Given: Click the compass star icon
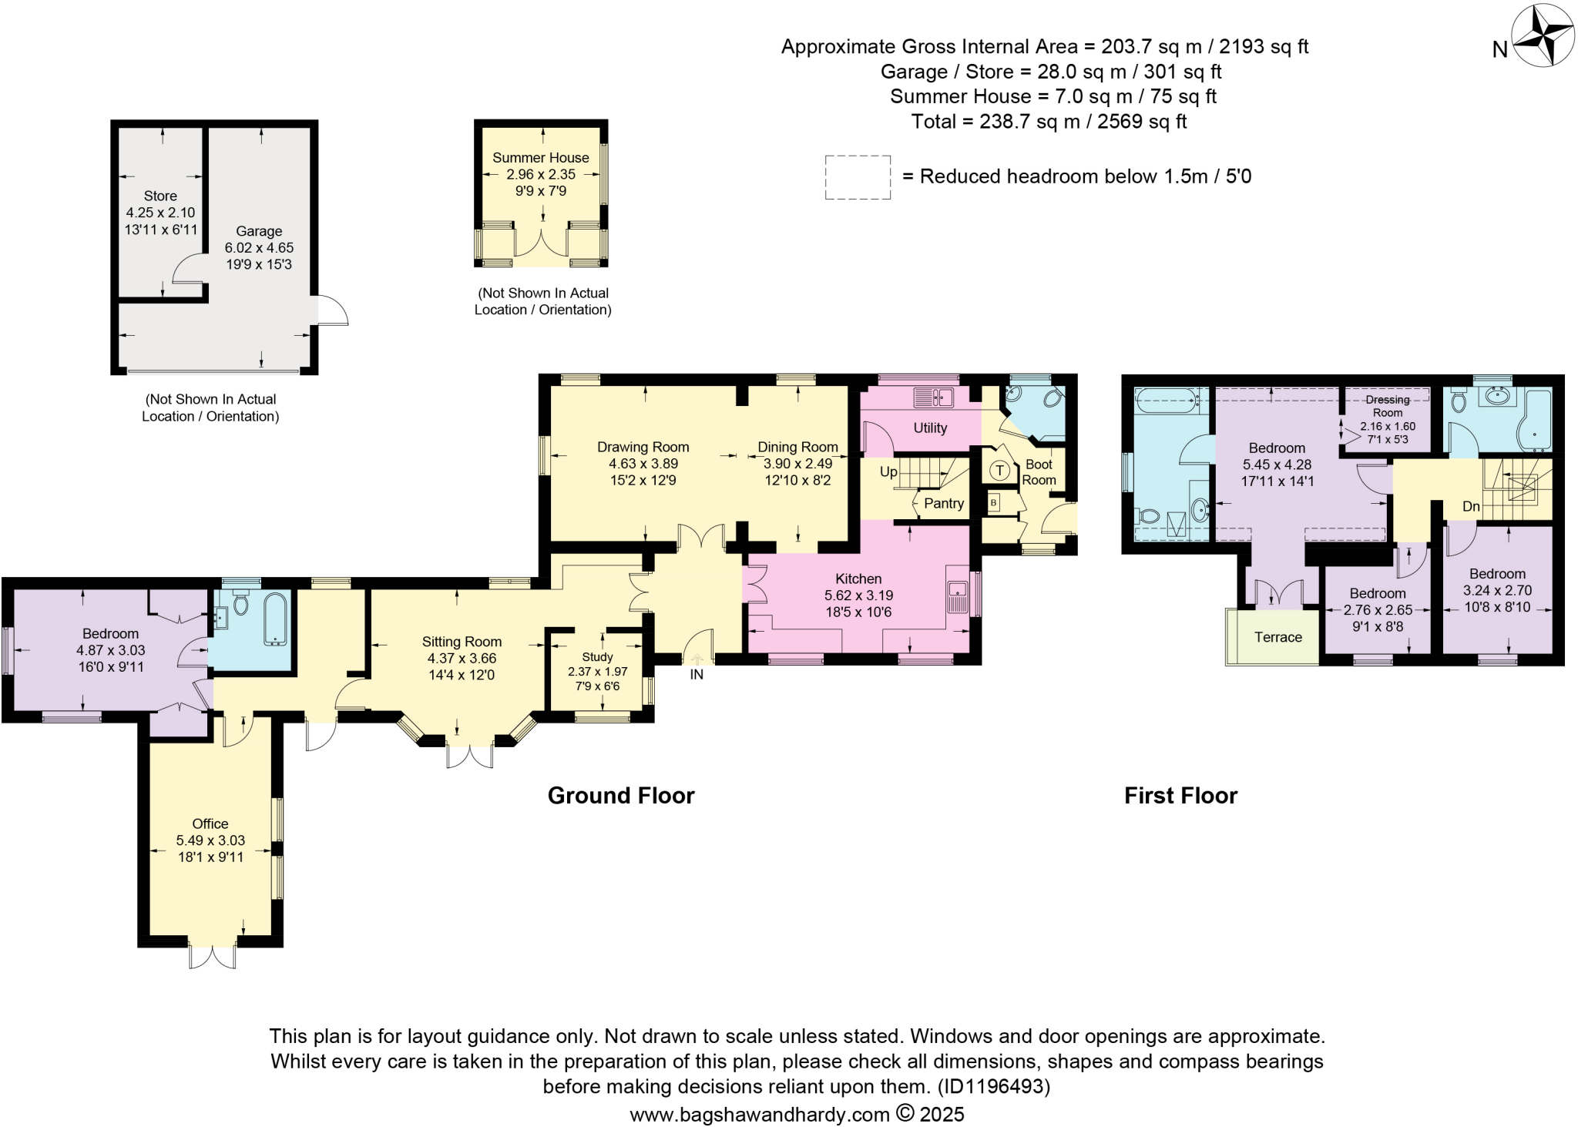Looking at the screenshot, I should (x=1543, y=35).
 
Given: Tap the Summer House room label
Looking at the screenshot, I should (x=540, y=158).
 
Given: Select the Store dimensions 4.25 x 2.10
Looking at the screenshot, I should (x=160, y=213).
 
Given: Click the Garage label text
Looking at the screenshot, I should (x=259, y=231).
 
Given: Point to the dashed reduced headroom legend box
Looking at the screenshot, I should (x=858, y=177).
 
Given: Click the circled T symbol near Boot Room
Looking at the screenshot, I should (x=999, y=470).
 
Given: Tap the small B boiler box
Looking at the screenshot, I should (x=994, y=503).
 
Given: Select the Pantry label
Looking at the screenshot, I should (x=943, y=503).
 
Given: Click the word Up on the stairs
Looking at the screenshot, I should (x=888, y=471).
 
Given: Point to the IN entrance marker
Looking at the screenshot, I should (x=697, y=674).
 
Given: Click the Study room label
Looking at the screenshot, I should (x=597, y=656).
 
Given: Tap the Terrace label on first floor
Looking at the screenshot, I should (x=1278, y=637).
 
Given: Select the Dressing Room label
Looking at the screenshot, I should (x=1387, y=406).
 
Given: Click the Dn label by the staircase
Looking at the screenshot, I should (x=1471, y=507).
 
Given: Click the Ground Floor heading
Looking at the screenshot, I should (x=621, y=795).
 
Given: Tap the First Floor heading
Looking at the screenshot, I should (x=1180, y=795).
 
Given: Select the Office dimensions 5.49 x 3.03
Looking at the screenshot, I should (x=210, y=840).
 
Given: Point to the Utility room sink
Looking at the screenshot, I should (x=933, y=397).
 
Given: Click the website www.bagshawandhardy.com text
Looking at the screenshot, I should (x=759, y=1114).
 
